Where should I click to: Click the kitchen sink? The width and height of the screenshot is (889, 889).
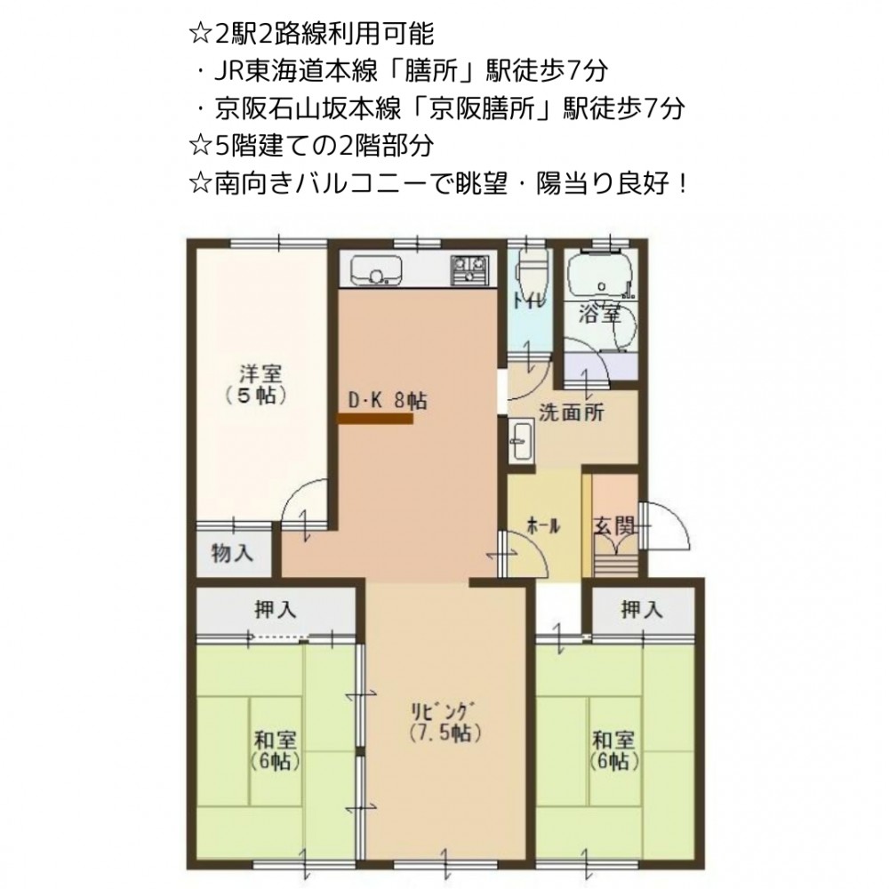click(376, 270)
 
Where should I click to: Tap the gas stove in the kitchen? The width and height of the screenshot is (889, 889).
click(469, 270)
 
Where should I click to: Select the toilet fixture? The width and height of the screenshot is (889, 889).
click(533, 268)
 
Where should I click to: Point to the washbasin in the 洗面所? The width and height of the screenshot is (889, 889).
click(521, 442)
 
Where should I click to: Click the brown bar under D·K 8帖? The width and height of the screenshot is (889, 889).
click(375, 419)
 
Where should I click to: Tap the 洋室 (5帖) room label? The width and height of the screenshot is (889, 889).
click(258, 384)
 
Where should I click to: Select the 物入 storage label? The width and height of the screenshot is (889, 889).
click(232, 552)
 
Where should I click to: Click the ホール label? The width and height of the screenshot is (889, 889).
click(543, 526)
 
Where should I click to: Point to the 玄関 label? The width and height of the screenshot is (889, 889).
click(614, 526)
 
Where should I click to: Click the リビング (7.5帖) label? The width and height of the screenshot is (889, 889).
click(444, 722)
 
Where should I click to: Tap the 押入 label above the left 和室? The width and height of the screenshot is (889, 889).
click(275, 610)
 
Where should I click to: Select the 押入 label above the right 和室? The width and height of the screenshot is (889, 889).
click(642, 610)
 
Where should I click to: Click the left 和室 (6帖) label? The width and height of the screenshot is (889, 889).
click(275, 750)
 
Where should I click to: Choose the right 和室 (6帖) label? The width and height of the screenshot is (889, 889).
click(614, 750)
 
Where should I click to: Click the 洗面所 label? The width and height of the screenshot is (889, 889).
click(571, 412)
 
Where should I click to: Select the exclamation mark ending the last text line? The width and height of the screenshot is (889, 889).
click(682, 183)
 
